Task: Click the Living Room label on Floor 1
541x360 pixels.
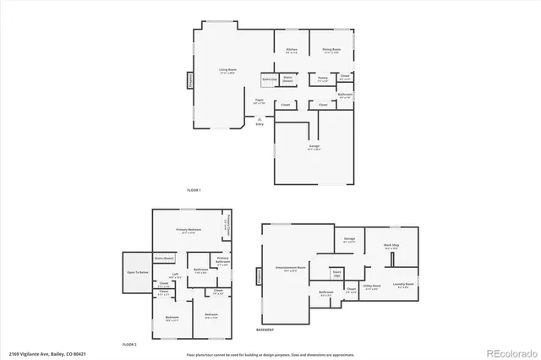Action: [x=227, y=70]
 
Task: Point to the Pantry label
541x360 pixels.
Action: [x=323, y=79]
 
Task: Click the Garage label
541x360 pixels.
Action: [x=314, y=147]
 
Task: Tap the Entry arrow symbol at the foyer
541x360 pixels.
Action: [x=259, y=119]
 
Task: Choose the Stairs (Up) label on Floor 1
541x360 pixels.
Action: [x=269, y=79]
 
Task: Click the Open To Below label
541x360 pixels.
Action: [x=137, y=273]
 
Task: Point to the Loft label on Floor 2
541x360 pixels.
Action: [x=175, y=274]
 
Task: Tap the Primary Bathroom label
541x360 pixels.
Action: [x=222, y=259]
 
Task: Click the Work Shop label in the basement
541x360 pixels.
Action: [x=391, y=246]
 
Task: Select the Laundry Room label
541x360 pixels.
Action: [x=403, y=285]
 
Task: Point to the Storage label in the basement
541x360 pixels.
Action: [x=349, y=240]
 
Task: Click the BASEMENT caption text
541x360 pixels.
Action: [x=265, y=330]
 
